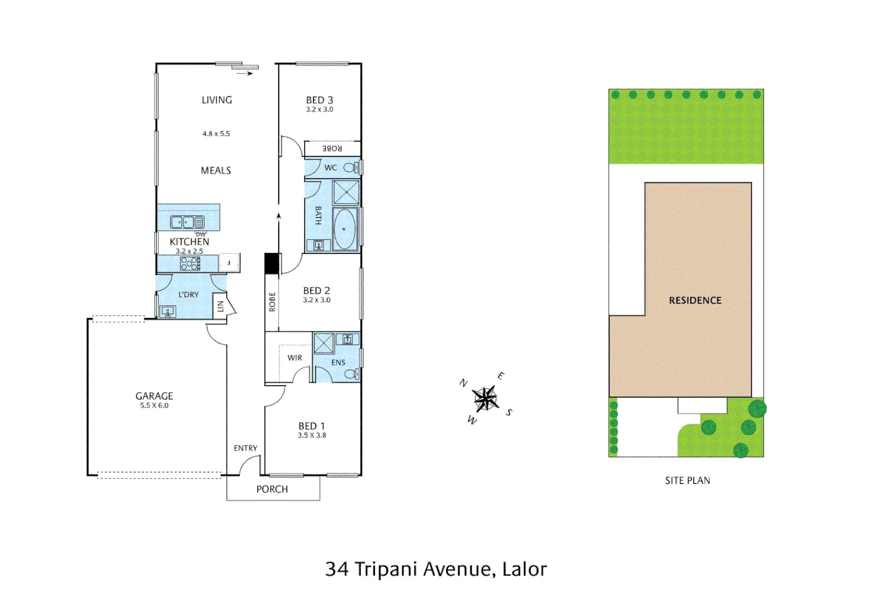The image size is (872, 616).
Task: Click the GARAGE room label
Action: pyautogui.click(x=154, y=396)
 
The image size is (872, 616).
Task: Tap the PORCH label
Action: pyautogui.click(x=272, y=489)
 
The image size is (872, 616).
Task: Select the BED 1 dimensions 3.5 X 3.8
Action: pyautogui.click(x=312, y=435)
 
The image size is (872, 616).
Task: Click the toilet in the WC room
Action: pyautogui.click(x=350, y=168)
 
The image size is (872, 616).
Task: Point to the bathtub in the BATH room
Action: pyautogui.click(x=344, y=229)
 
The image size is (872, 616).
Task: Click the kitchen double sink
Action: pyautogui.click(x=187, y=222)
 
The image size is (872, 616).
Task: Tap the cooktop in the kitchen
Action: pyautogui.click(x=190, y=263)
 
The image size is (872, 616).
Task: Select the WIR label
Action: pyautogui.click(x=294, y=358)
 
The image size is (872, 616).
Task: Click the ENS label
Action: pyautogui.click(x=338, y=362)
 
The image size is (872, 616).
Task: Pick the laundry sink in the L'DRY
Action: pyautogui.click(x=168, y=311)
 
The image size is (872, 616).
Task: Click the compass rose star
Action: pyautogui.click(x=485, y=398)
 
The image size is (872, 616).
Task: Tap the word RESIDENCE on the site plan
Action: pyautogui.click(x=695, y=301)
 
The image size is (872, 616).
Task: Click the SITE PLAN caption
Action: pyautogui.click(x=687, y=480)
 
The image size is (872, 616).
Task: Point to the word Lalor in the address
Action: pyautogui.click(x=524, y=569)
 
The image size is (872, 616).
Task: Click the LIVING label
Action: pyautogui.click(x=217, y=100)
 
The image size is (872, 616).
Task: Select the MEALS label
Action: pyautogui.click(x=216, y=171)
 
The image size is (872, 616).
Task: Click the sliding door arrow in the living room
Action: pyautogui.click(x=245, y=73)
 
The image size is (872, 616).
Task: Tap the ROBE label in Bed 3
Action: pyautogui.click(x=332, y=148)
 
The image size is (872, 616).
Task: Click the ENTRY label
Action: pyautogui.click(x=245, y=448)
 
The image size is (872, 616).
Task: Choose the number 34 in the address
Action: pyautogui.click(x=336, y=569)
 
